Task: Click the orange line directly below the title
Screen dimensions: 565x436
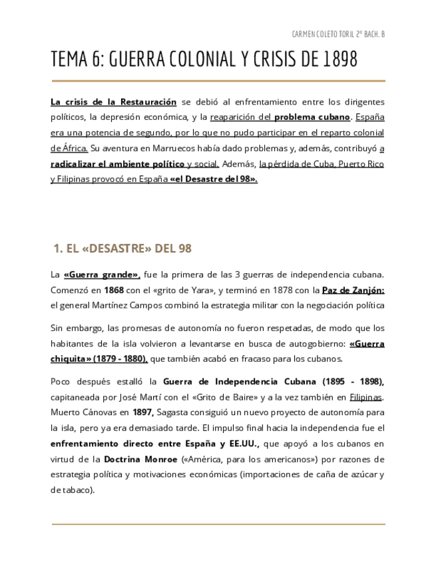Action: point(218,81)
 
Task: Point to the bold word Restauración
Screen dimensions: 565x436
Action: point(148,102)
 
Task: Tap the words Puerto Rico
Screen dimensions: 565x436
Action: point(361,163)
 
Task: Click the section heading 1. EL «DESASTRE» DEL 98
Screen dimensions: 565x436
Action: point(122,249)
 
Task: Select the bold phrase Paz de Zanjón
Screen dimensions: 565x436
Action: point(353,290)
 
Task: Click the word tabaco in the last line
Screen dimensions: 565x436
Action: point(76,490)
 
